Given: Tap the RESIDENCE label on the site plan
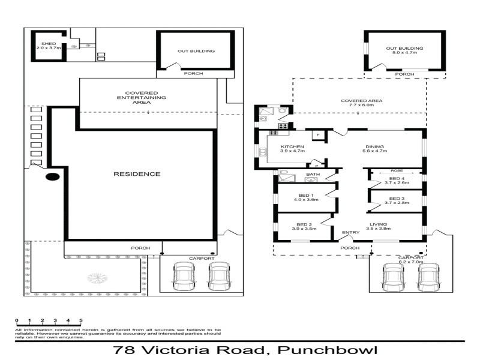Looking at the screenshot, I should point(137,174).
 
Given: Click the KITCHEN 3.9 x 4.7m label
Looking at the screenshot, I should point(293,149).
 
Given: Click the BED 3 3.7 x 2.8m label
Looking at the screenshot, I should point(397,201).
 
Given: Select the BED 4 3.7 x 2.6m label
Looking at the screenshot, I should point(397,181).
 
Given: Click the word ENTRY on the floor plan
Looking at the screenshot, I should point(350,233).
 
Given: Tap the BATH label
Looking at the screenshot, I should point(313,175).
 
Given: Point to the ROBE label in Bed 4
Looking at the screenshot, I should point(396,170).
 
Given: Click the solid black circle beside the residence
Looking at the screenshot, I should point(53,178).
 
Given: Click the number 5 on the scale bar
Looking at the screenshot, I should point(81,321).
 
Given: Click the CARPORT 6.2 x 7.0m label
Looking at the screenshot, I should point(411,260).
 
